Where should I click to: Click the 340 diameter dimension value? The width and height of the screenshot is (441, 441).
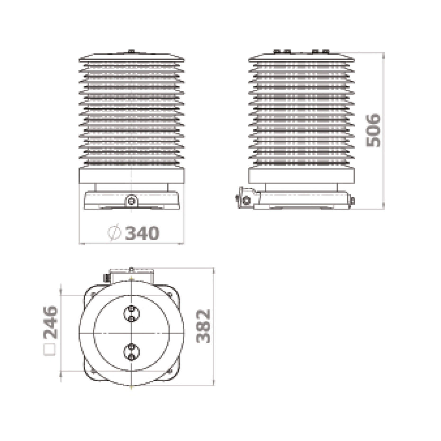142,233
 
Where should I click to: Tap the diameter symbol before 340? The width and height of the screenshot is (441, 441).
114,233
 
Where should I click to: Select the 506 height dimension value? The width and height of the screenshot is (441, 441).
373,130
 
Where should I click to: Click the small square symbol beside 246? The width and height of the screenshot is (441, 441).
50,350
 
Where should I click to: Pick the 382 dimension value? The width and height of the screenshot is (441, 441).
203,326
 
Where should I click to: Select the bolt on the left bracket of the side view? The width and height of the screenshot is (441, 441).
246,201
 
